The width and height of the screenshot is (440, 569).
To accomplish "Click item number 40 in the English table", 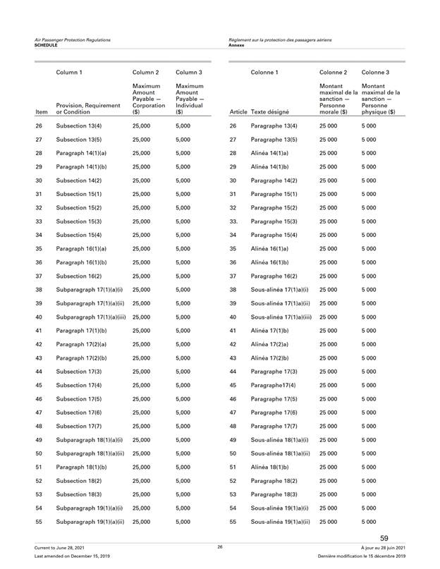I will click(39, 297).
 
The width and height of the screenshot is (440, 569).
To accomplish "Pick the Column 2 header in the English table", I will click(147, 71).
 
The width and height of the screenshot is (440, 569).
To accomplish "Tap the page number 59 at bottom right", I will click(384, 539).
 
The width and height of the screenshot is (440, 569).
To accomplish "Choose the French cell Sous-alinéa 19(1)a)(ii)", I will click(280, 521).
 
